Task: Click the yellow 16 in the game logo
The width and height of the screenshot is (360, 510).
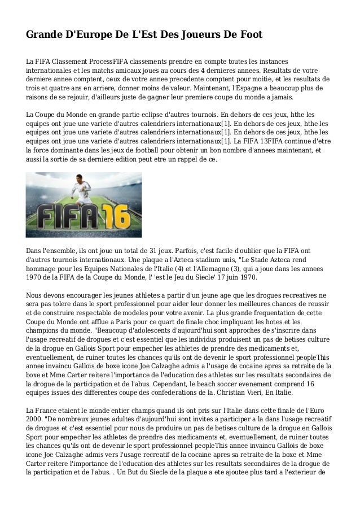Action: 116,215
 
